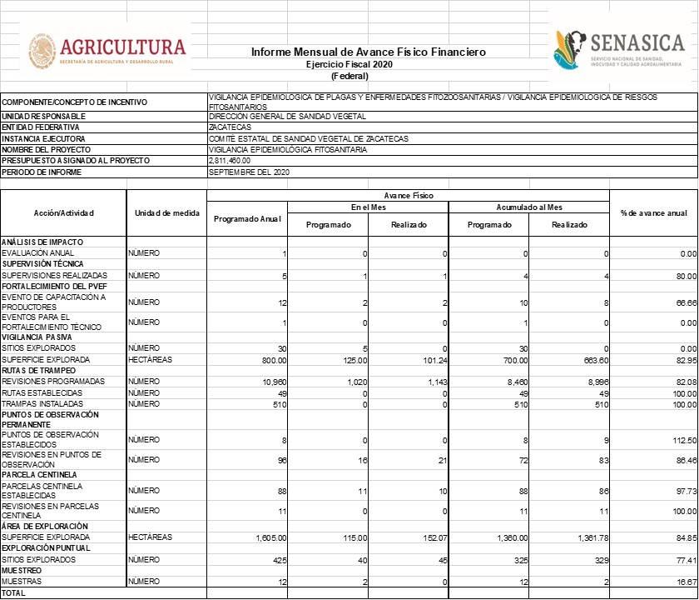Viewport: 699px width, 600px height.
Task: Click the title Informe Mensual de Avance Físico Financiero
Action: (x=368, y=52)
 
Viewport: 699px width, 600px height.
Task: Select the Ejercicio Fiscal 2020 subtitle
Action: (x=349, y=64)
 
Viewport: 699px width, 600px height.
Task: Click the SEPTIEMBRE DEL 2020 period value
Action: (x=248, y=172)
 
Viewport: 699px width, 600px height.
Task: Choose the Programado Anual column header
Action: (x=247, y=219)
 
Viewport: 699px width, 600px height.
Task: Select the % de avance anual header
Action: (x=653, y=213)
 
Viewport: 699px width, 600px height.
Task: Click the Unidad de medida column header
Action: (x=166, y=213)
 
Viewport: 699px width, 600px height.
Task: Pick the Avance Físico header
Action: (x=408, y=195)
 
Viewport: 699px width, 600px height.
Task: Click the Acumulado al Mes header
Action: (x=529, y=207)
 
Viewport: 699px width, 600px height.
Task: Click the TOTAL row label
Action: (x=13, y=593)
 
